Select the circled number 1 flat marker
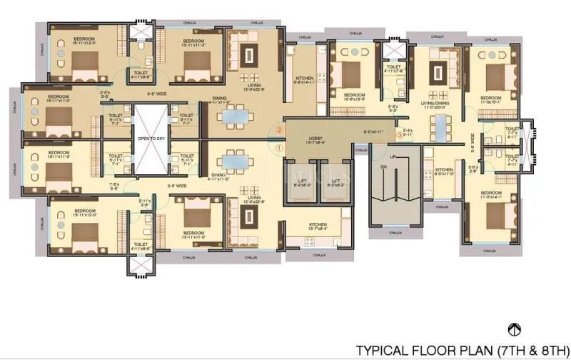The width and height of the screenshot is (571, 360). [x=279, y=147]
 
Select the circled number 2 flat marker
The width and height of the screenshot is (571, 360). [x=280, y=129]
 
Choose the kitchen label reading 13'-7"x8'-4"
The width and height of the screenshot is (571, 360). [x=318, y=227]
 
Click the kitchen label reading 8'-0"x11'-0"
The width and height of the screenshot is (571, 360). [x=444, y=171]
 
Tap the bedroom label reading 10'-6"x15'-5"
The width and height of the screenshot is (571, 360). [x=355, y=97]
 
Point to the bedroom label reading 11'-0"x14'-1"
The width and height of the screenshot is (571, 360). [x=492, y=195]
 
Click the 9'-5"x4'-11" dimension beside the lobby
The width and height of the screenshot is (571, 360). [x=373, y=132]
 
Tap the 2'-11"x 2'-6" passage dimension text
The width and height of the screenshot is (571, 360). [x=146, y=203]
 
